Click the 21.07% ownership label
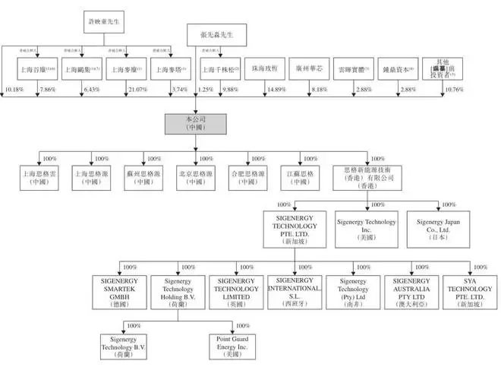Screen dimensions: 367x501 (x=137, y=90)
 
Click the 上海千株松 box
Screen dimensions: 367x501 (x=220, y=69)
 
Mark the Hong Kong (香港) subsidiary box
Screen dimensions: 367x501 (x=367, y=178)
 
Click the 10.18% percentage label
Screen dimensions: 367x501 (x=14, y=90)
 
